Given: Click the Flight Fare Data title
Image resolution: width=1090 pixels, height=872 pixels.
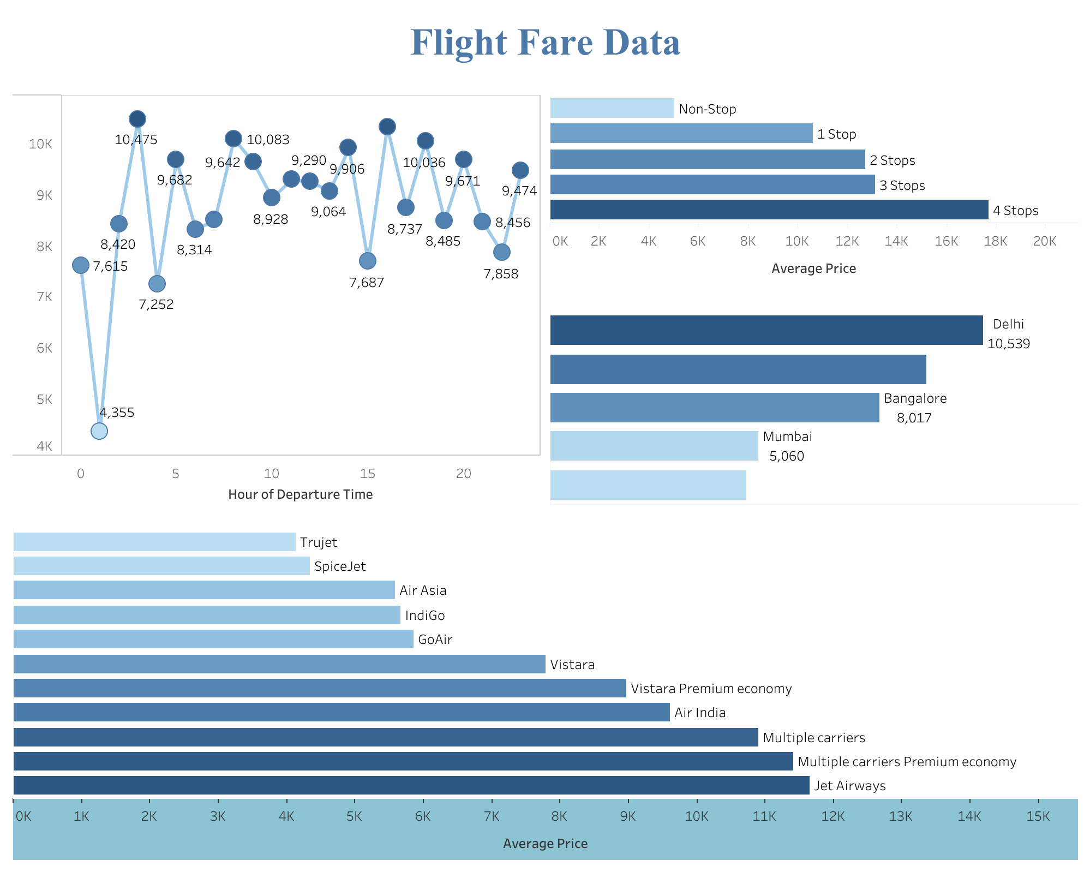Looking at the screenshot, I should pos(545,43).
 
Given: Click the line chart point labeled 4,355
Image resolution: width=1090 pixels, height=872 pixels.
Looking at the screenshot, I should pos(99,431).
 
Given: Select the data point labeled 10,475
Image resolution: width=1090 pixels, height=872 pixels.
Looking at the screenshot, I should pos(137,118).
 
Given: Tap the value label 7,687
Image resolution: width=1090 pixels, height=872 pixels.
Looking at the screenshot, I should pos(367,283).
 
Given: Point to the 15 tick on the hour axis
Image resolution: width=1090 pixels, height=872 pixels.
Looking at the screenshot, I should pos(368,474).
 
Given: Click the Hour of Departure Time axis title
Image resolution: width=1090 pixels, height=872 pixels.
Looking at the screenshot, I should pos(300,494).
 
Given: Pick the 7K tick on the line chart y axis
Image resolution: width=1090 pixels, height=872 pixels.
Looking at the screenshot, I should pos(44,297).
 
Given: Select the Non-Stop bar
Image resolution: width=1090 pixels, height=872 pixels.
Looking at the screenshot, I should pos(612,108).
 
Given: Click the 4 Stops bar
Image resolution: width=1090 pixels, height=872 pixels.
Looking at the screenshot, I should pos(769,210).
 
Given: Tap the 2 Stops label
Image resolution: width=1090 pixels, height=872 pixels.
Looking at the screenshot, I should pos(892,160).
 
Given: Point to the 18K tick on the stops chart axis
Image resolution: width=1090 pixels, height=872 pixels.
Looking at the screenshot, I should pos(995,241).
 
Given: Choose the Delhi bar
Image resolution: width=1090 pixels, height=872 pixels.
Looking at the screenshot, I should pos(766,330).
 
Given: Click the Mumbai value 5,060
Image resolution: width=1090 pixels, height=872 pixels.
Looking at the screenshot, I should pos(786,456).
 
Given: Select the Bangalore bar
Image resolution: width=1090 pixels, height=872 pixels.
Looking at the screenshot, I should pos(714,408).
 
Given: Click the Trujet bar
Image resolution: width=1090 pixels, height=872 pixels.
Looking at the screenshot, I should pos(154,542).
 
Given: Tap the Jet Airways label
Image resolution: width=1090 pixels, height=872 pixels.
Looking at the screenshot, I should pos(849,786).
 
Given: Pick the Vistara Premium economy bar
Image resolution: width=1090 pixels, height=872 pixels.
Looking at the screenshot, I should pos(319,688).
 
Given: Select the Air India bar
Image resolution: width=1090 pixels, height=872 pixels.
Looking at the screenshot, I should pos(341,712).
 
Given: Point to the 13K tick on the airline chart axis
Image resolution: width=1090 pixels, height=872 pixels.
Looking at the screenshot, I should pos(901,816).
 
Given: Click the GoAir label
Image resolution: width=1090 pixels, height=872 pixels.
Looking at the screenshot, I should pos(435,640).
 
